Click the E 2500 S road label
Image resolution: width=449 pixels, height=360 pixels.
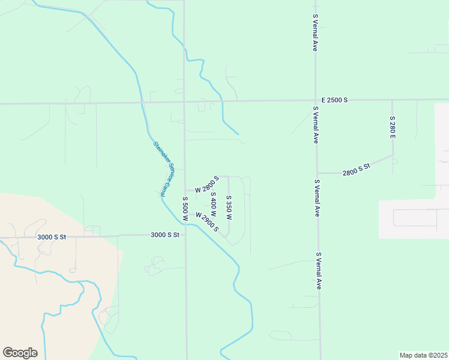(334, 100)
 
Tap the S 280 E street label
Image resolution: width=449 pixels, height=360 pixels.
(393, 128)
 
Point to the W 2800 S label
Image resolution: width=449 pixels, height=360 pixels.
(202, 185)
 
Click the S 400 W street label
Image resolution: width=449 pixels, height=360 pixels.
(212, 205)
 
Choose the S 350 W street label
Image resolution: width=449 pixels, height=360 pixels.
(229, 208)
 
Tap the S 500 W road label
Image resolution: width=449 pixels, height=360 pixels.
(185, 209)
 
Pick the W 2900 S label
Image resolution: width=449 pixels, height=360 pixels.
(206, 222)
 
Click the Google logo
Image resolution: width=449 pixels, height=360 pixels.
(20, 352)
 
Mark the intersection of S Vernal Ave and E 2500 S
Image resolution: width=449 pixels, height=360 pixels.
(316, 100)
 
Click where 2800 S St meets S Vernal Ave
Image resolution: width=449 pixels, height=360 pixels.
(318, 173)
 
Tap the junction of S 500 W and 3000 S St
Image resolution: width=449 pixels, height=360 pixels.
(185, 235)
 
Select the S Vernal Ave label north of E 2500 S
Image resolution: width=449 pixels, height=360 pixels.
(315, 34)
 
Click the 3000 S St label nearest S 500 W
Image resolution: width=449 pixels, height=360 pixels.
(165, 235)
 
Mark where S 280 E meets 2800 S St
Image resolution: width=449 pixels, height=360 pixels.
(393, 157)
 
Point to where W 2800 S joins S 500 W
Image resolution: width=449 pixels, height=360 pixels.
(185, 190)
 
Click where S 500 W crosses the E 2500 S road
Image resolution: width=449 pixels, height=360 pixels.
(184, 102)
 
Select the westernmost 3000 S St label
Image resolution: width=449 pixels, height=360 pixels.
(52, 237)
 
